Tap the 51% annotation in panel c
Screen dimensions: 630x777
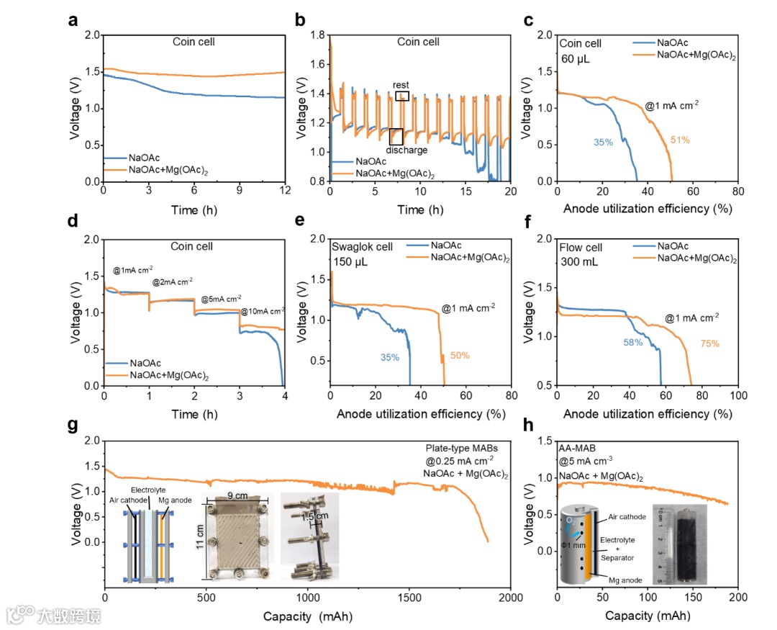[x=680, y=140]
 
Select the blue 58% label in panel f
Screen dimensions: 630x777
[x=634, y=342]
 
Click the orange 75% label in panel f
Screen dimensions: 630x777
[x=709, y=343]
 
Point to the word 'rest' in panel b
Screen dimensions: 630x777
[x=401, y=85]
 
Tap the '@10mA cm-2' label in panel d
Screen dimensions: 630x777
[x=262, y=311]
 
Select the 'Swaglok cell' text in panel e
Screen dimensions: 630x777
[x=362, y=247]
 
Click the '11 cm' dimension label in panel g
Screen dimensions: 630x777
[x=201, y=536]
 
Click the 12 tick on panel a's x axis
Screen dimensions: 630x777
[x=285, y=192]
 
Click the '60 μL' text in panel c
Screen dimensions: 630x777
[x=576, y=58]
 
